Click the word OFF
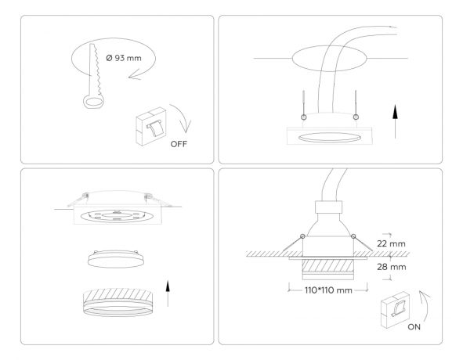pos(179,144)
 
